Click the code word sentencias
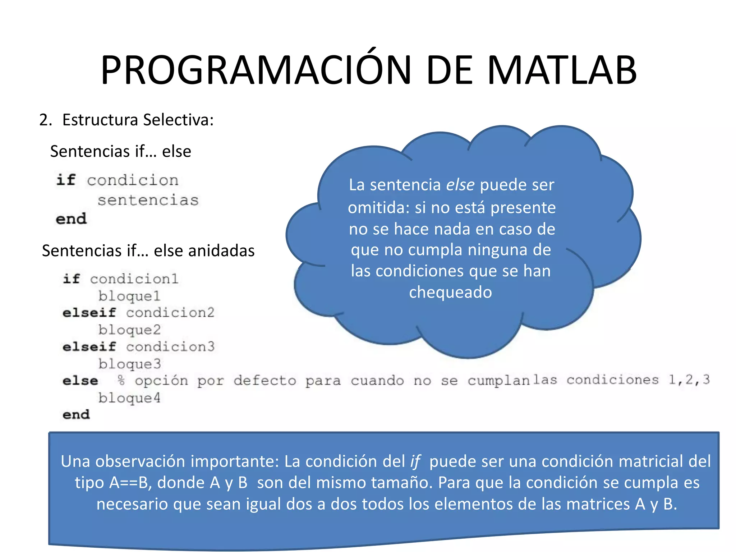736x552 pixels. click(148, 200)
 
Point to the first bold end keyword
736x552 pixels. click(71, 219)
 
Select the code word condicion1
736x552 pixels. click(134, 279)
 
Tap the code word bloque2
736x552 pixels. click(129, 330)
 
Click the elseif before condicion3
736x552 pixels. click(89, 347)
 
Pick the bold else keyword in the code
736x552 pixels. click(80, 381)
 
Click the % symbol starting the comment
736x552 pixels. click(121, 380)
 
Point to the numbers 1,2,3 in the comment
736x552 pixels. click(689, 380)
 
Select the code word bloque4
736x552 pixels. click(129, 398)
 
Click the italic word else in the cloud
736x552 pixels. click(460, 185)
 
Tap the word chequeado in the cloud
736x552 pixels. click(450, 292)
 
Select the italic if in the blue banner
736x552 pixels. click(415, 461)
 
